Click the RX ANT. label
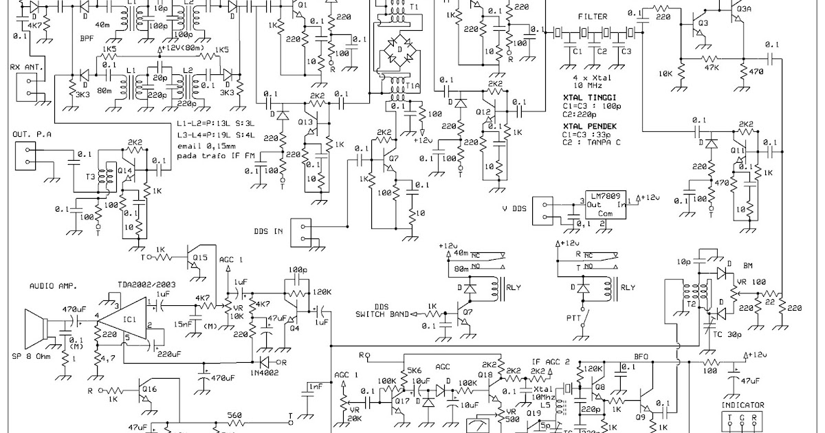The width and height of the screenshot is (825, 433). [25, 67]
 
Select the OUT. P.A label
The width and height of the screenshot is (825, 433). [31, 133]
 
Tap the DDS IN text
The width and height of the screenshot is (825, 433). [268, 232]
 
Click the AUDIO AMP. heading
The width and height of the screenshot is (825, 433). [54, 285]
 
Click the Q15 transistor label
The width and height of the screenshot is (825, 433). [200, 257]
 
